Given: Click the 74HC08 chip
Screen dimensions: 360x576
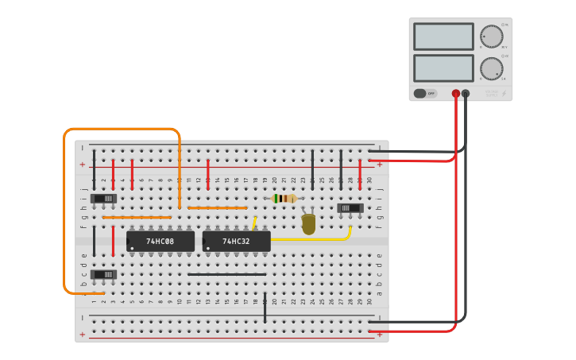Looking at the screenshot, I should pos(160,241).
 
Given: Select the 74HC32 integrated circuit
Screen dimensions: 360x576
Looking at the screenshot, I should pos(236,241).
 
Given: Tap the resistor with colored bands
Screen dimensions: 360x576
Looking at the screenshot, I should pos(284,199).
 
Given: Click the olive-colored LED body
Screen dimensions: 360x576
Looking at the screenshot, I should pos(308,224).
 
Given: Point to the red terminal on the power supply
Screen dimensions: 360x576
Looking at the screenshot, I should pos(455,93).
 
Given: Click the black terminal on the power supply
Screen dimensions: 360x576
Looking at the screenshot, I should pos(466,93).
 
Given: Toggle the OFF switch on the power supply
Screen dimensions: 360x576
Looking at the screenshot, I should pos(425,93).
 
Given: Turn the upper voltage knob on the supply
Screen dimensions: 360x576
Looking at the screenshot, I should pos(491,37).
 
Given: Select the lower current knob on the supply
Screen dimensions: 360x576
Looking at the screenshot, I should pos(491,68).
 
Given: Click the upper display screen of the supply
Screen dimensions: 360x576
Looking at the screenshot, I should pos(443,37).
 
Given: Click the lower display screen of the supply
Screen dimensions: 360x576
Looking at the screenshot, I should pos(443,68).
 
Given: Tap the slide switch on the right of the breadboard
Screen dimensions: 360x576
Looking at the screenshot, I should pos(350,208).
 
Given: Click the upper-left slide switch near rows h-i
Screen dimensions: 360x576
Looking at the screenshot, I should pos(103,198).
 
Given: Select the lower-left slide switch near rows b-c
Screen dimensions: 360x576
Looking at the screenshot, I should pos(103,275).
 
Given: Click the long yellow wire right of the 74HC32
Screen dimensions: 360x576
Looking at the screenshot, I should pos(318,238).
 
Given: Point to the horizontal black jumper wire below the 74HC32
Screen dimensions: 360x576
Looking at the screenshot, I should pos(226,274).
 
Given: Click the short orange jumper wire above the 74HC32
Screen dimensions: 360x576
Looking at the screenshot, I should pos(218,207).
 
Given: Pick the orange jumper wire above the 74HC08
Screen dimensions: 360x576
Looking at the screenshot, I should pos(137,217).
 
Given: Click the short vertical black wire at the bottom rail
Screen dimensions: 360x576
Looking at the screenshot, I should pos(265,308).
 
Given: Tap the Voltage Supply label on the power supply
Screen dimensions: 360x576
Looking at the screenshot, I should pos(493,93).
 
